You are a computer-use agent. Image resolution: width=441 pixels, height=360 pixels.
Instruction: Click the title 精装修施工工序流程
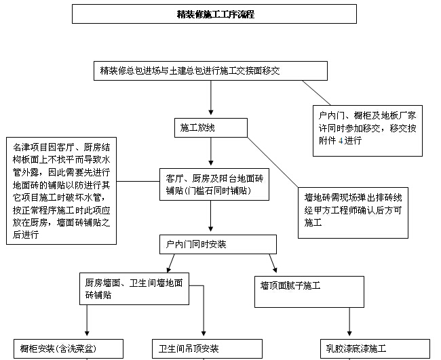click(x=215, y=14)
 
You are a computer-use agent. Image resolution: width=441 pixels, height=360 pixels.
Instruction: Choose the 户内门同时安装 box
click(x=217, y=243)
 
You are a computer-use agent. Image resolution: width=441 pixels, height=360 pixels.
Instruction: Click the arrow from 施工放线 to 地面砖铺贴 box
click(x=210, y=153)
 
